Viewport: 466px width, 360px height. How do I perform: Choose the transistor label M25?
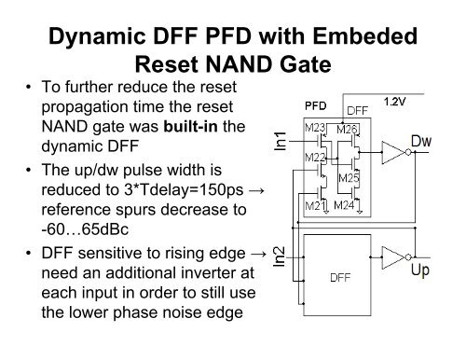pyautogui.click(x=349, y=177)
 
